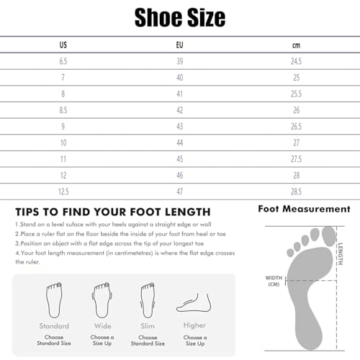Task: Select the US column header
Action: pyautogui.click(x=63, y=45)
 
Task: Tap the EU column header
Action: pyautogui.click(x=179, y=45)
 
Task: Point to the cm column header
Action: pyautogui.click(x=296, y=45)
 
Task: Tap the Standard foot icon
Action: pyautogui.click(x=54, y=297)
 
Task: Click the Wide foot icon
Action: pyautogui.click(x=102, y=297)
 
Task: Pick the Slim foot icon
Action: pyautogui.click(x=148, y=297)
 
